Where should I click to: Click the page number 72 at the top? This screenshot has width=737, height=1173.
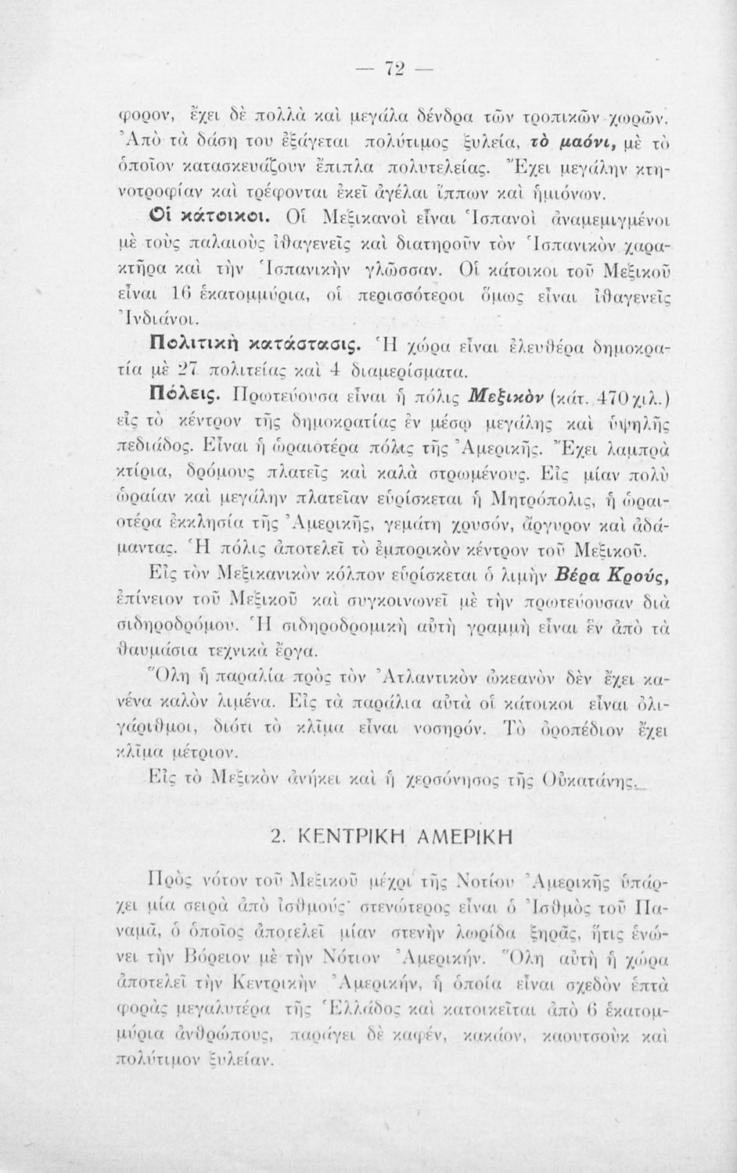click(x=392, y=67)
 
